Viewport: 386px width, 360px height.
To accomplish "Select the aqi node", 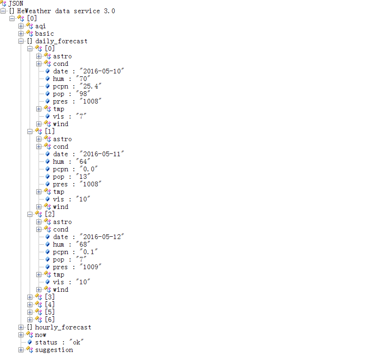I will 40,26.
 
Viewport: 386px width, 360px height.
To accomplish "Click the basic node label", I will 44,33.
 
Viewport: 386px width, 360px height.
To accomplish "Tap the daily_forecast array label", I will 61,41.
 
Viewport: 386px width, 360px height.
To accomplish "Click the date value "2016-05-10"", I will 102,71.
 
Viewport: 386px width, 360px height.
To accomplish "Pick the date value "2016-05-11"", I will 102,154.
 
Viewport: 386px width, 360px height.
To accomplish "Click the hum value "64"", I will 82,161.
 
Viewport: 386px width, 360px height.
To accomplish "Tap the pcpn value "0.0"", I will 88,169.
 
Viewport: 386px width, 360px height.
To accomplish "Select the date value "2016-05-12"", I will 102,237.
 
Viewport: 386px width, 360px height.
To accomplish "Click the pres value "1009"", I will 91,267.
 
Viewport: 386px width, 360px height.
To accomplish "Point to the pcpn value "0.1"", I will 88,252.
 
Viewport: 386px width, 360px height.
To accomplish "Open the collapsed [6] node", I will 30,320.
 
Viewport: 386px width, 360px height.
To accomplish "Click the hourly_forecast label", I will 63,327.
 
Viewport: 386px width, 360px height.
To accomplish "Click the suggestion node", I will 54,350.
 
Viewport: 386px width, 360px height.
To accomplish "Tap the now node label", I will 40,335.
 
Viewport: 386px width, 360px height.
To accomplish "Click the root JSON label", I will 16,3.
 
